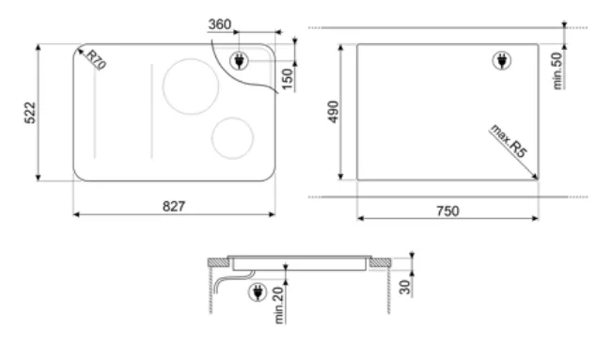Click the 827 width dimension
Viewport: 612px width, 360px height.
pos(174,206)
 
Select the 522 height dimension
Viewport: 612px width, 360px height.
pos(30,113)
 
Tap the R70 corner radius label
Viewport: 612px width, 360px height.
pos(96,59)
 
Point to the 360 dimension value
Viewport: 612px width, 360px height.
pos(220,24)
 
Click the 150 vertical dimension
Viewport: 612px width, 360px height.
pos(288,79)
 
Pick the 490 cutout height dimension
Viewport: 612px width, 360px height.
pos(333,112)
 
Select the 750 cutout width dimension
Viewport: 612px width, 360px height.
pos(447,211)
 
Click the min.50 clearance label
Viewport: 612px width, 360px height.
pos(558,70)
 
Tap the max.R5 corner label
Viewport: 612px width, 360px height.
pos(509,141)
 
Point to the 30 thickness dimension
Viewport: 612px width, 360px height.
pos(405,287)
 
